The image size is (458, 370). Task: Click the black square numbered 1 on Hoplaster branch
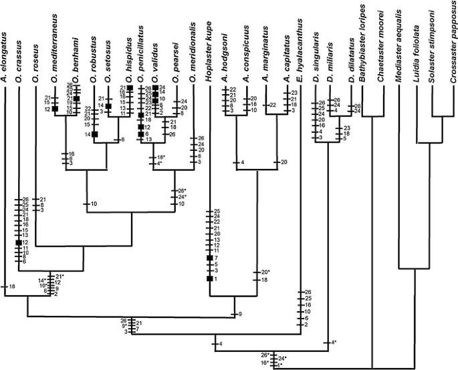click(x=209, y=279)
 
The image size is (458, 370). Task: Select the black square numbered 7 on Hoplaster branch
click(x=209, y=257)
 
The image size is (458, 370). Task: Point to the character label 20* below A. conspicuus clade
click(x=265, y=271)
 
